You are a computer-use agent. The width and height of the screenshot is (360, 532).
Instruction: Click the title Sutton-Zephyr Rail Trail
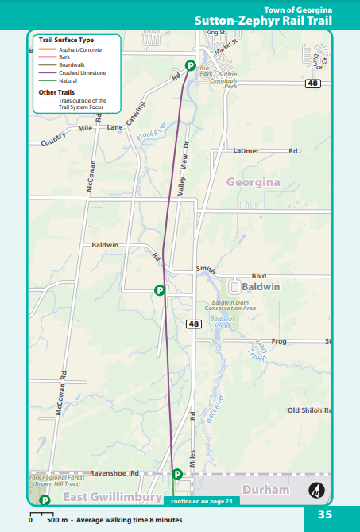click(x=262, y=20)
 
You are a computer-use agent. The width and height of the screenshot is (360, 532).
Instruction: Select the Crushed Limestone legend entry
click(x=82, y=72)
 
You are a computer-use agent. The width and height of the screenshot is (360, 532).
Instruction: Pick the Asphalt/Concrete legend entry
click(x=80, y=49)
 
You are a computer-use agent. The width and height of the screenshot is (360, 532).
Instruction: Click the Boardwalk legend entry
click(x=72, y=64)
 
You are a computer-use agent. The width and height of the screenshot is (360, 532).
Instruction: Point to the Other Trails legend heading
click(x=56, y=92)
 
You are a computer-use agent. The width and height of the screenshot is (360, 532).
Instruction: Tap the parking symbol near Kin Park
click(x=191, y=65)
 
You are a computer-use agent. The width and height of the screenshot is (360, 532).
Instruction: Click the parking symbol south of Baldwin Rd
click(x=159, y=290)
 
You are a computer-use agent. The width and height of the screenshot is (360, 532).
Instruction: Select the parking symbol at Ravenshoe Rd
click(x=177, y=474)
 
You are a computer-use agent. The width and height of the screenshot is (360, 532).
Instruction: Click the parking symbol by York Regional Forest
click(x=45, y=500)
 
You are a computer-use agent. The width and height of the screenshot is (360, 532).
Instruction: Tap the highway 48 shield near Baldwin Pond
click(x=194, y=324)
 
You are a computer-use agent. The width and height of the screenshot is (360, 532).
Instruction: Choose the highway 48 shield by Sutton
click(x=315, y=83)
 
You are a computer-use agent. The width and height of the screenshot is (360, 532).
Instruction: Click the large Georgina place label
click(x=254, y=182)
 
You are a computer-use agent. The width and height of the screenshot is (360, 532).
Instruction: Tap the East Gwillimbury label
click(x=113, y=497)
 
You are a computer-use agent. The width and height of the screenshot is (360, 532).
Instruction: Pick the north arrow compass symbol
click(x=316, y=490)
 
